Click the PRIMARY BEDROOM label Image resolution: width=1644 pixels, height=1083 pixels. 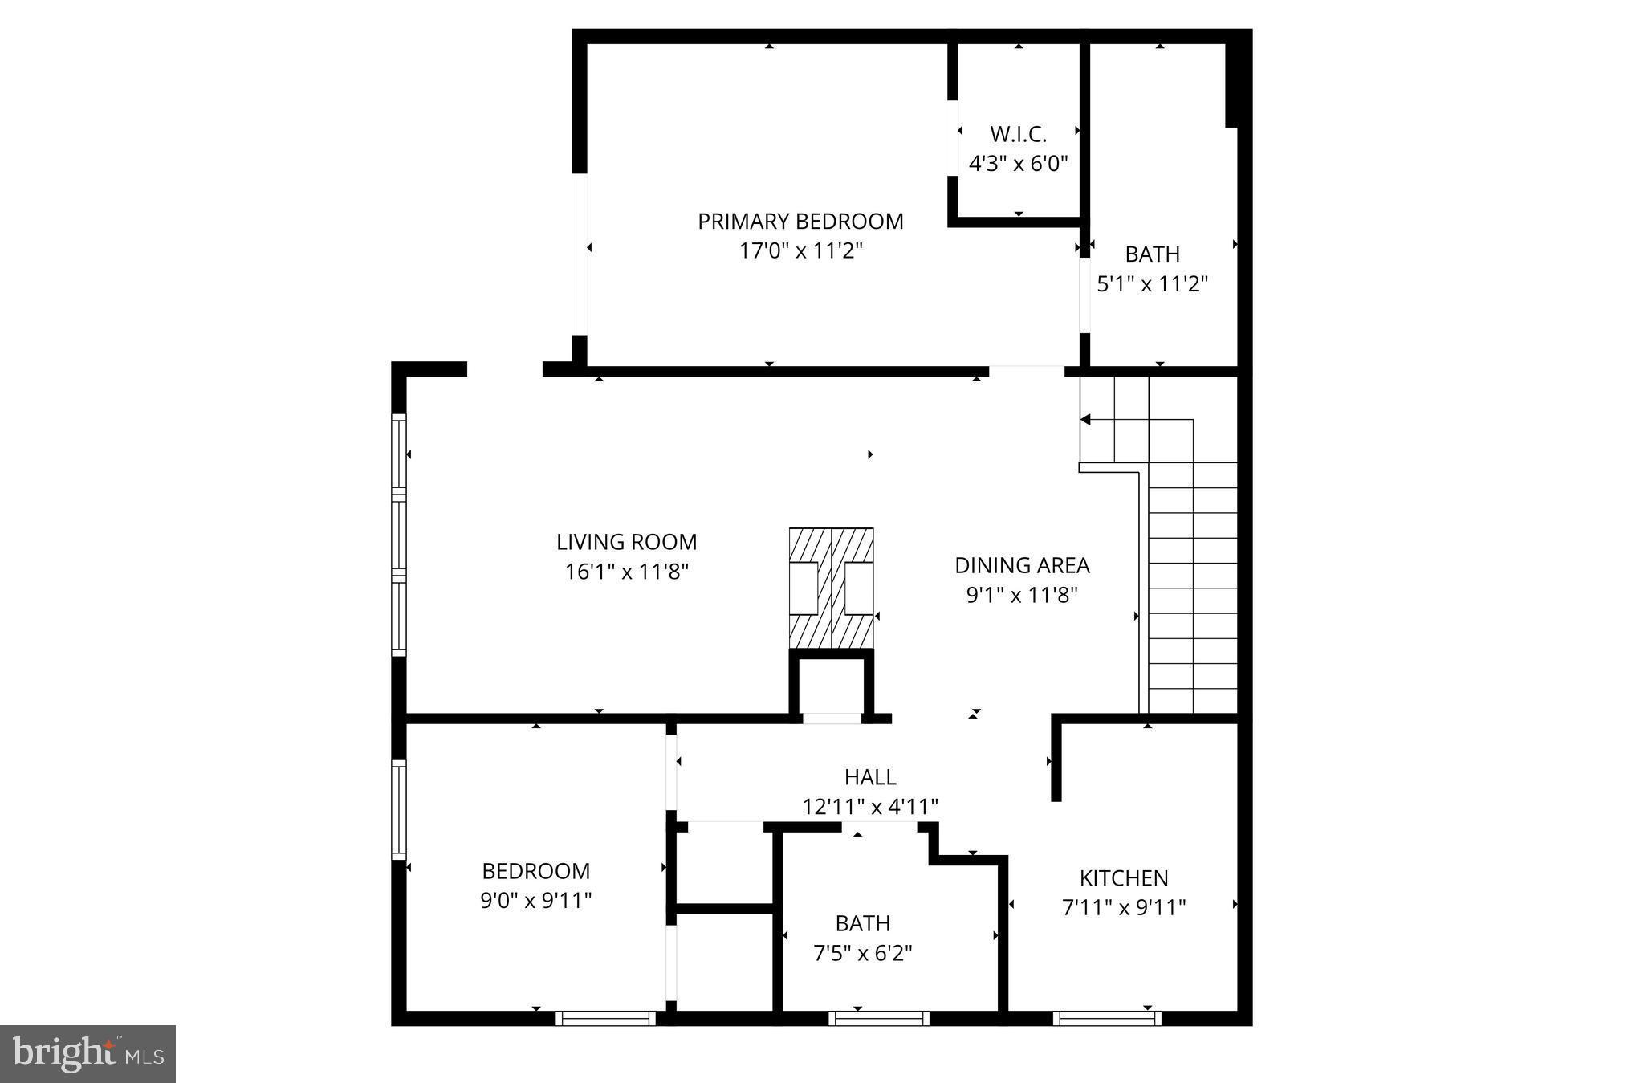tap(800, 222)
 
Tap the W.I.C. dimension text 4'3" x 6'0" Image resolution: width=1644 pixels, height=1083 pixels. tap(1018, 164)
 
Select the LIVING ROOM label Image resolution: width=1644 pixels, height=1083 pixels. tap(626, 542)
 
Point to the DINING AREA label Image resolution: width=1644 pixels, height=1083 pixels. tap(1022, 565)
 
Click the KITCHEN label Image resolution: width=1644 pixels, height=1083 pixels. tap(1123, 877)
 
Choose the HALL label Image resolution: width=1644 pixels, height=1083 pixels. tap(870, 776)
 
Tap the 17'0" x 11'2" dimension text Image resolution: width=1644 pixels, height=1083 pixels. tap(800, 251)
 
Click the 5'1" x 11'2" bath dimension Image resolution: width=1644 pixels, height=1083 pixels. tap(1152, 284)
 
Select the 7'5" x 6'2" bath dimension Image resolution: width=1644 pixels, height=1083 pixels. tap(863, 953)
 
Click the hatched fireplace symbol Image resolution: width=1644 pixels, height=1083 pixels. tap(831, 588)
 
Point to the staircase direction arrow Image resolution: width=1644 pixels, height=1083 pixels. tap(1086, 419)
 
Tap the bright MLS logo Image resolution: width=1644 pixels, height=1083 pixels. tap(87, 1053)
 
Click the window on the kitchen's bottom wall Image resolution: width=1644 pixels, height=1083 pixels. tap(1106, 1018)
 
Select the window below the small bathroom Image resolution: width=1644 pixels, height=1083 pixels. tap(879, 1018)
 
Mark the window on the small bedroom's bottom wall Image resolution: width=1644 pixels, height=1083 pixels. tap(606, 1018)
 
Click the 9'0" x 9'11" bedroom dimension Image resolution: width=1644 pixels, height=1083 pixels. tap(536, 901)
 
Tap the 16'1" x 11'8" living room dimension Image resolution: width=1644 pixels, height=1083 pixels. tap(626, 572)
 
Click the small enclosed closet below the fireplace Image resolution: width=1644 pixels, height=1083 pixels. tap(831, 685)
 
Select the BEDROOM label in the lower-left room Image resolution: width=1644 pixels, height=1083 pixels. tap(536, 871)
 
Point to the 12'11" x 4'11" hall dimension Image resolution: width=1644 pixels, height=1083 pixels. tap(870, 806)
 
